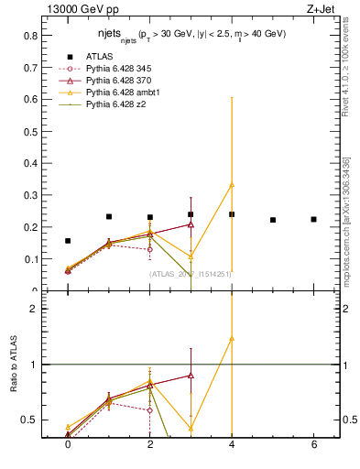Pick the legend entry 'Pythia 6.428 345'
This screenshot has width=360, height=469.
pyautogui.click(x=123, y=68)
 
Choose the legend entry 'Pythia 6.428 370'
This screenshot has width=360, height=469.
pyautogui.click(x=123, y=81)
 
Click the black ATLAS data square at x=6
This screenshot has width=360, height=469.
pyautogui.click(x=314, y=219)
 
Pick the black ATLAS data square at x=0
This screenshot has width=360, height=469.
pyautogui.click(x=68, y=241)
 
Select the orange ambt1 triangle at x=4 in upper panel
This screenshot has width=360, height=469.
pyautogui.click(x=232, y=184)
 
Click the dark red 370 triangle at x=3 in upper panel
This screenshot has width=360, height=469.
pyautogui.click(x=191, y=224)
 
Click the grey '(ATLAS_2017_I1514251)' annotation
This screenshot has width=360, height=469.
pyautogui.click(x=191, y=273)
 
